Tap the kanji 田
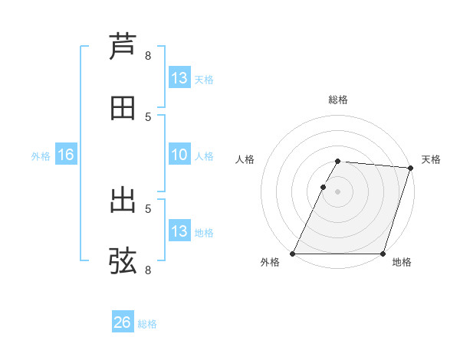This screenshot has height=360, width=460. point(123,108)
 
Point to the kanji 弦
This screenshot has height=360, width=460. point(123,260)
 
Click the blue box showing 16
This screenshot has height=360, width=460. point(66,155)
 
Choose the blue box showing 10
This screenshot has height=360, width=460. point(179,155)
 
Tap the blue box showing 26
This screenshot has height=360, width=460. point(122,323)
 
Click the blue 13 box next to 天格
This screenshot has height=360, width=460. point(179,78)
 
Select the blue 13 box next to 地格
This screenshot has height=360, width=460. point(179,231)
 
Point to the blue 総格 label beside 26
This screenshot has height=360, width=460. point(148,324)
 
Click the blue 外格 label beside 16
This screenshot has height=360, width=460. point(41,156)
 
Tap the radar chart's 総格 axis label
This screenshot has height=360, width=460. point(338,100)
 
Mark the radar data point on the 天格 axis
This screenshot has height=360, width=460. point(411,168)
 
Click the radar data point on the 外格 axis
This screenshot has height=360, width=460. point(293,254)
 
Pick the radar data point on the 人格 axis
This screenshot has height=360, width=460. point(323,187)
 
